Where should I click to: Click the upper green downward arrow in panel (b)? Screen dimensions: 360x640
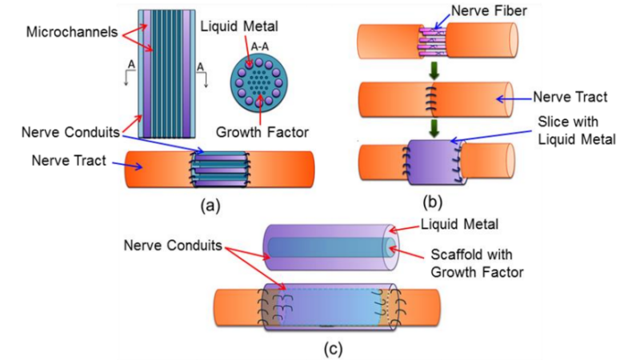pyautogui.click(x=433, y=70)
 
